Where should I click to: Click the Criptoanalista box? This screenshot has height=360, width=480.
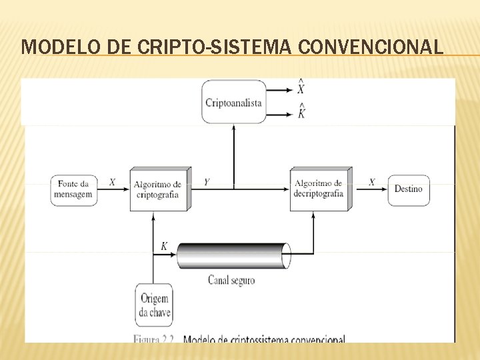233,102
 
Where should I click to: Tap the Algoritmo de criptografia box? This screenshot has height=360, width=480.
157,189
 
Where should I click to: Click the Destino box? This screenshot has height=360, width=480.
408,189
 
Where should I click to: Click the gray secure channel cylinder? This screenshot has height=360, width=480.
233,255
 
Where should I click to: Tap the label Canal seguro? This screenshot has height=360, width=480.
231,281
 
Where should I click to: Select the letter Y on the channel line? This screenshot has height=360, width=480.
207,182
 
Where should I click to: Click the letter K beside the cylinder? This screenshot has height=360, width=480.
164,247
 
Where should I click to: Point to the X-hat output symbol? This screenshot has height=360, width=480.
301,87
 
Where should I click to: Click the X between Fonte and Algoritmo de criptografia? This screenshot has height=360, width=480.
112,181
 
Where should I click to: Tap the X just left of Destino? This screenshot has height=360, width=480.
371,181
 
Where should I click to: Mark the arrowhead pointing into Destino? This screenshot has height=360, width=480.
385,189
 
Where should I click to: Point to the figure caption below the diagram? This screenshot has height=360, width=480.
239,339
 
